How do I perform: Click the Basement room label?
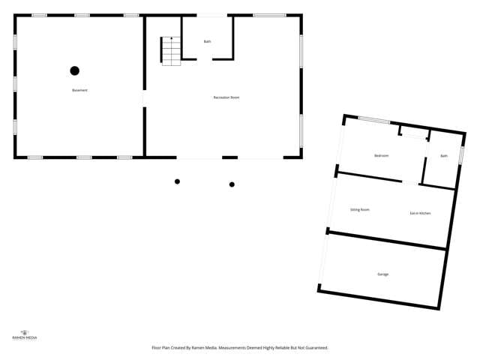point(79,90)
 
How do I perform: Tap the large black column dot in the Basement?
point(74,70)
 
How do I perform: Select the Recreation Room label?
point(226,97)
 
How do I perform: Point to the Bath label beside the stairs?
point(207,41)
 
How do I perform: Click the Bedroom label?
point(382,155)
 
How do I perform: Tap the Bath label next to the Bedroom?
point(444,156)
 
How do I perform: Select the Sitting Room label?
point(360,209)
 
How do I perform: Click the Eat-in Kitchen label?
point(420,214)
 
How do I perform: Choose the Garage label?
point(382,274)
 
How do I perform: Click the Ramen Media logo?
point(25,334)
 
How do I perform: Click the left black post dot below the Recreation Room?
point(177,181)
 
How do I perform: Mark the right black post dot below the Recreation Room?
point(232,184)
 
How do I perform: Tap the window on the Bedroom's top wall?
point(373,120)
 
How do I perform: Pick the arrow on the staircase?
point(171,38)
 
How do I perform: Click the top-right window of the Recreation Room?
point(269,15)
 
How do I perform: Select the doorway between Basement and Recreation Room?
point(143,98)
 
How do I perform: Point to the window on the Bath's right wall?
point(461,154)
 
